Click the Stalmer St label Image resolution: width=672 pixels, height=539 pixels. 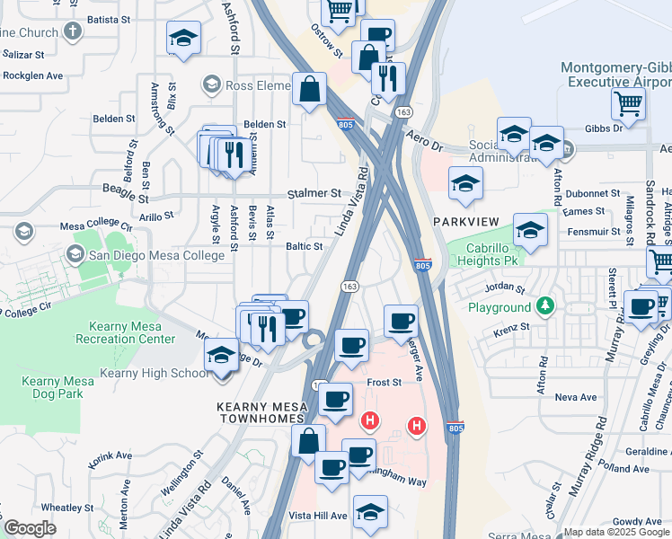pyautogui.click(x=314, y=193)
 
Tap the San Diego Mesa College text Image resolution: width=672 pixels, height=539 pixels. pyautogui.click(x=156, y=256)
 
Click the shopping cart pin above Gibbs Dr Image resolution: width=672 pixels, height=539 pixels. pyautogui.click(x=628, y=102)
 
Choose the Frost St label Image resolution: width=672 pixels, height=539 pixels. pyautogui.click(x=384, y=382)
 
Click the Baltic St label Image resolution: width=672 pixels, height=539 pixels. pyautogui.click(x=304, y=246)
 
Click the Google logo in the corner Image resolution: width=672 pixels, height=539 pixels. pyautogui.click(x=30, y=528)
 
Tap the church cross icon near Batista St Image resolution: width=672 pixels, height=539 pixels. pyautogui.click(x=72, y=31)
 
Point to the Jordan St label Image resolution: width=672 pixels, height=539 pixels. pyautogui.click(x=504, y=288)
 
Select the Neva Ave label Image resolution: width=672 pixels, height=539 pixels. pyautogui.click(x=576, y=397)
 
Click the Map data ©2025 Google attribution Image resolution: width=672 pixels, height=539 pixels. pyautogui.click(x=616, y=532)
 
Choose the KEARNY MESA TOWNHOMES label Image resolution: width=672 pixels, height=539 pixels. pyautogui.click(x=262, y=414)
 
